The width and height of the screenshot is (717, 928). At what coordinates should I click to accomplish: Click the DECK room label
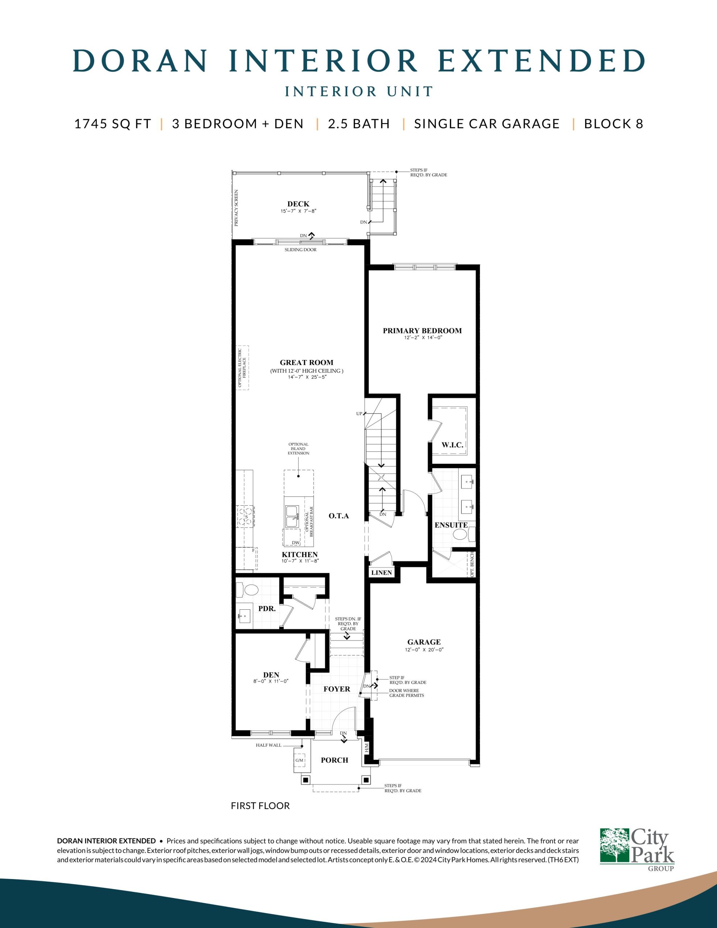298,204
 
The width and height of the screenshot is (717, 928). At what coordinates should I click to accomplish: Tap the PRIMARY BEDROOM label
422,331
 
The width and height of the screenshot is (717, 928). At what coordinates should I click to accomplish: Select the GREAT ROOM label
306,362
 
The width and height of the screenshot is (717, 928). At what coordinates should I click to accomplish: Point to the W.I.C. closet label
452,445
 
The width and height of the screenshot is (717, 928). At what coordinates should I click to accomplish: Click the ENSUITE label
451,525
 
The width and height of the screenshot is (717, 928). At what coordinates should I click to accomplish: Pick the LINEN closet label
382,572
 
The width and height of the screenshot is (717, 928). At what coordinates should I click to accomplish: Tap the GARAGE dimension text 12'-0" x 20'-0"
424,650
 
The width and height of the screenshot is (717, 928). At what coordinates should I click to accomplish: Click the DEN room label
271,675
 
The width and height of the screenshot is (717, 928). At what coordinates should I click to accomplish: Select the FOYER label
337,689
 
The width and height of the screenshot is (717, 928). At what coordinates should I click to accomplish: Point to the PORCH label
335,760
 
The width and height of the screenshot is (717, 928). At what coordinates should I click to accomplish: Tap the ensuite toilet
460,535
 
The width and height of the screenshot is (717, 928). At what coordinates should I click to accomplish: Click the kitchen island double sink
292,516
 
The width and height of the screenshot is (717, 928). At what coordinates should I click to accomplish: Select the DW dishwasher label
296,543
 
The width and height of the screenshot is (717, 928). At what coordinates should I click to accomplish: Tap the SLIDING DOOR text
301,250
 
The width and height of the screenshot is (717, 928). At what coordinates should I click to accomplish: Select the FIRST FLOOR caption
260,805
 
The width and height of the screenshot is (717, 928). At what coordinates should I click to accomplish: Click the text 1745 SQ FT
113,124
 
